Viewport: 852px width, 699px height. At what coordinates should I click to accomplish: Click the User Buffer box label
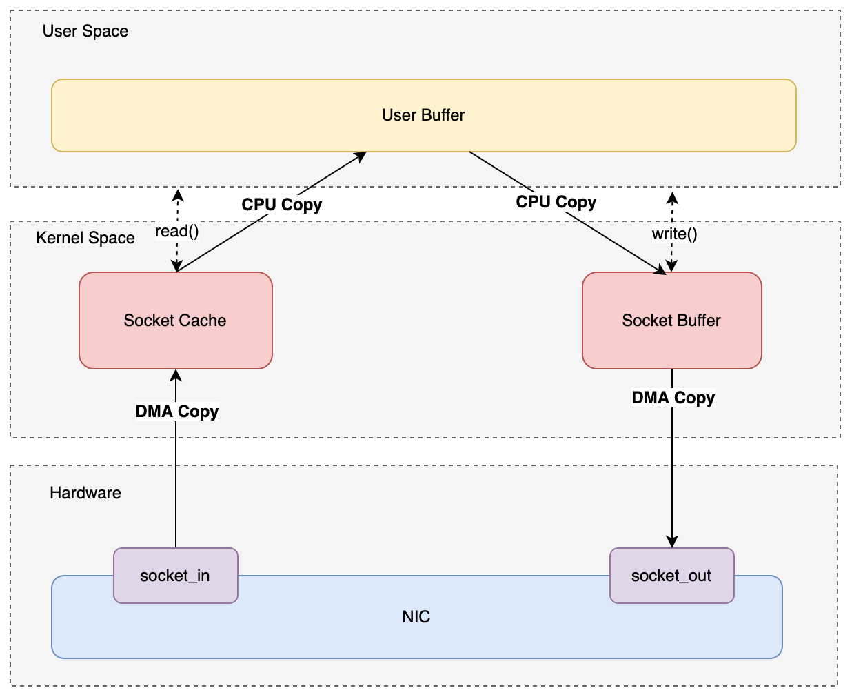tap(423, 115)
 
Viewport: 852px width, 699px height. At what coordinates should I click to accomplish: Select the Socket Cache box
tap(175, 321)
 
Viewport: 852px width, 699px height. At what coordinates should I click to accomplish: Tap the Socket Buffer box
tap(671, 321)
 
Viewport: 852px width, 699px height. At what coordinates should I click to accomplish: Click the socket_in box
tap(175, 576)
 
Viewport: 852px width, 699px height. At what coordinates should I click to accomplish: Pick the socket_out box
tap(671, 576)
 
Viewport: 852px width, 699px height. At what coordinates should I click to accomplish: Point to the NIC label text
tap(416, 617)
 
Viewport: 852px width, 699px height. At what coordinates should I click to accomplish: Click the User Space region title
tap(85, 31)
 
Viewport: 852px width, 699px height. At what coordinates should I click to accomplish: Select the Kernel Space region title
tap(85, 238)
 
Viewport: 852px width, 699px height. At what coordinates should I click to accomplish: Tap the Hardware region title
tap(85, 493)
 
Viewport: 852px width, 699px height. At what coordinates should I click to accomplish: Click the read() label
tap(177, 231)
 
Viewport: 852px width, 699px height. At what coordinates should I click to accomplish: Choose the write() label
tap(674, 234)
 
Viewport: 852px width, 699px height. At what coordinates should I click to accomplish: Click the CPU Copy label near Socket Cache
tap(281, 205)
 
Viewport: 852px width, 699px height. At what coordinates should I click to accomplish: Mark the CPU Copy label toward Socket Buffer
tap(556, 202)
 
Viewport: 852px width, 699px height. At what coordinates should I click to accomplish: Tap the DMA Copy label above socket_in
tap(177, 412)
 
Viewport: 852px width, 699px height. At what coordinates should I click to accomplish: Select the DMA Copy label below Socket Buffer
tap(673, 398)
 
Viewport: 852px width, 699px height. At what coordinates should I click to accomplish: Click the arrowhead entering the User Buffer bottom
tap(360, 156)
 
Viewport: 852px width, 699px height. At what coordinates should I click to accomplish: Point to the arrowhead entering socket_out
tap(672, 542)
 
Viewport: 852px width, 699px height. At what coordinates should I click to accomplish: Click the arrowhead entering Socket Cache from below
tap(176, 375)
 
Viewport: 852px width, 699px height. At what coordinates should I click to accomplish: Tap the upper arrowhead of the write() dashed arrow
tap(672, 198)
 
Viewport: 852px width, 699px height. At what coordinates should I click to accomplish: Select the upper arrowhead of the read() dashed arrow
tap(178, 194)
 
